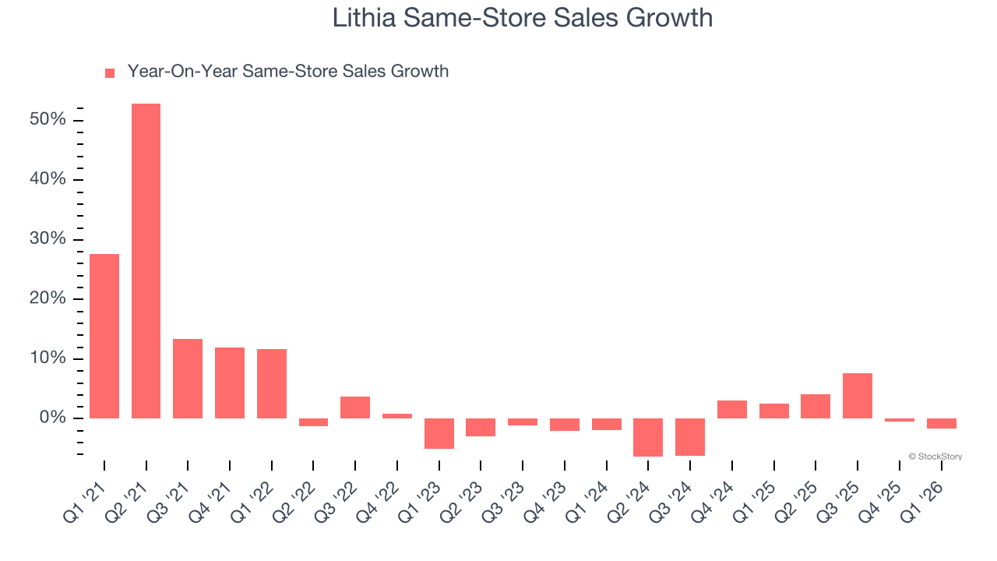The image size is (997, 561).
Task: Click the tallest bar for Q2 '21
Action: point(146,261)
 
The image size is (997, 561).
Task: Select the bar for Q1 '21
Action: point(104,336)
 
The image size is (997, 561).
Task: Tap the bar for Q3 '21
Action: point(188,379)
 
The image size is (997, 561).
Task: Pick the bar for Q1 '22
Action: point(272,383)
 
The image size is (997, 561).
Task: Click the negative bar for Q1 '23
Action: point(439,433)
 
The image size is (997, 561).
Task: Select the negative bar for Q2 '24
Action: point(648,437)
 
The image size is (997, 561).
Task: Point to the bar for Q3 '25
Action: point(858,396)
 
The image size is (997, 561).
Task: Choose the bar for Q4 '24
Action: point(732,409)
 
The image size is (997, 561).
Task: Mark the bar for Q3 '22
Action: point(355,408)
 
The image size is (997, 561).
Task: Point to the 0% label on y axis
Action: point(53,418)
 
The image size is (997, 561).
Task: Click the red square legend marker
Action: point(110,72)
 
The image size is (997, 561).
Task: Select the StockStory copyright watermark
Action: point(935,457)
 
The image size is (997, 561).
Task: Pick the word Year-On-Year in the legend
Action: point(182,72)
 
